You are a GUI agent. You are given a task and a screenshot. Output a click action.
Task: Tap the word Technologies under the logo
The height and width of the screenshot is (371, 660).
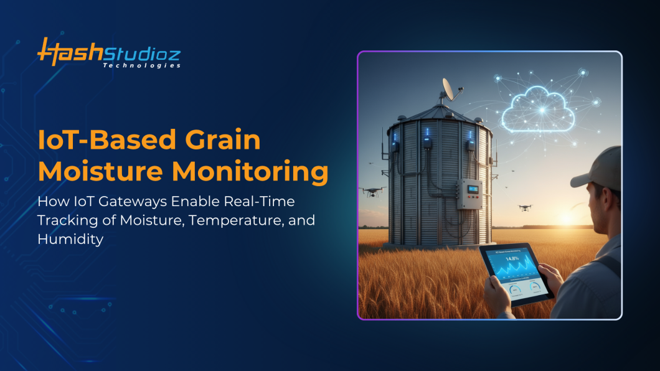[x=141, y=65]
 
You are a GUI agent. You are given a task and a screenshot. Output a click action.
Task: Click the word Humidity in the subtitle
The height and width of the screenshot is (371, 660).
[x=70, y=239]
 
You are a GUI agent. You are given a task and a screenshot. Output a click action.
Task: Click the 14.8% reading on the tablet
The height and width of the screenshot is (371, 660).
[x=512, y=258]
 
